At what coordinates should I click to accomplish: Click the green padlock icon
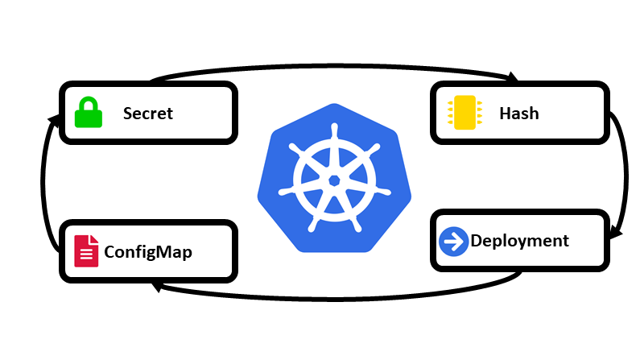[89, 113]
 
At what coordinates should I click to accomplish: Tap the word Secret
[147, 113]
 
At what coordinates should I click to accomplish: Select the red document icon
[86, 250]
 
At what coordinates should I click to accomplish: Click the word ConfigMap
[148, 252]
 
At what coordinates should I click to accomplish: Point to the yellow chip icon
[465, 113]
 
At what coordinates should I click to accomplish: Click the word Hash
[518, 113]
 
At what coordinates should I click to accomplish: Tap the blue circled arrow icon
[454, 241]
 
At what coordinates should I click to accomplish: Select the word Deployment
[519, 241]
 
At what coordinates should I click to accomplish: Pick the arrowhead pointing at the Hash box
[511, 77]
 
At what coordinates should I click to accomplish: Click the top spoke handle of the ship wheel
[333, 130]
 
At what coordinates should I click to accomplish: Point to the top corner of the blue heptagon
[334, 103]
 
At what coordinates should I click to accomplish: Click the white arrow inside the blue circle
[455, 241]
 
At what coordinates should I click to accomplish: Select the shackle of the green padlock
[89, 103]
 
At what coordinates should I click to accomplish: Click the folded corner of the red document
[94, 239]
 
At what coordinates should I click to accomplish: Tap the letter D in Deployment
[477, 241]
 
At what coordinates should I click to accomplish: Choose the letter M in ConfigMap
[165, 252]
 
